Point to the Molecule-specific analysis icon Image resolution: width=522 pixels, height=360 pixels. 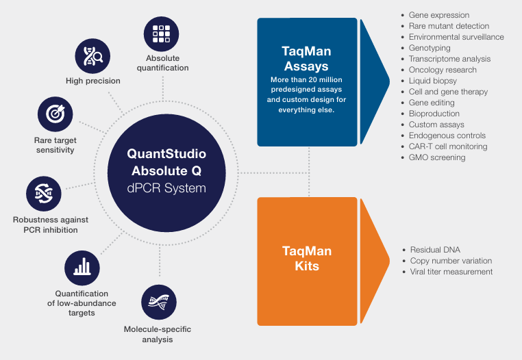(158, 302)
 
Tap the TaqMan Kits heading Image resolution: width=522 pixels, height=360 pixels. (308, 259)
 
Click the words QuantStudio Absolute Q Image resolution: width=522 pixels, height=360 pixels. (166, 162)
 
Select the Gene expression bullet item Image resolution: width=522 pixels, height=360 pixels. (438, 15)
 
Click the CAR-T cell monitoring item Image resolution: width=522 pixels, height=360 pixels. (448, 146)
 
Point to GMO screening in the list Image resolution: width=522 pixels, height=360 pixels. (437, 157)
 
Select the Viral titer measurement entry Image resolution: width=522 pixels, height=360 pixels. (451, 272)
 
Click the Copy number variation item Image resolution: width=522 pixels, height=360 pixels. (451, 261)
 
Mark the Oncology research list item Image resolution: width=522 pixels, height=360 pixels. (443, 70)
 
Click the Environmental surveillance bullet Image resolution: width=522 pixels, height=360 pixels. (456, 37)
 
